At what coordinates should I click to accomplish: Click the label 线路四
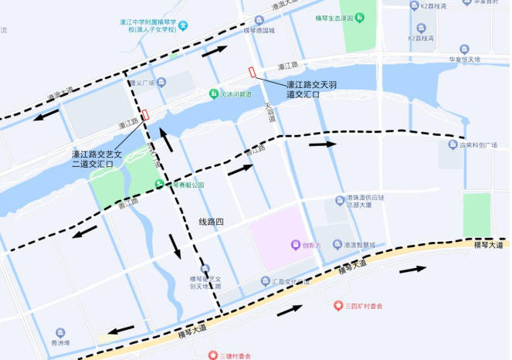point(211,222)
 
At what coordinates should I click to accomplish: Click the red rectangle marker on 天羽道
point(252,73)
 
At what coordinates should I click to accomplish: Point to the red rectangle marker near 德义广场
point(144,115)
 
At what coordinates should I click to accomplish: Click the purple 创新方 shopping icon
point(294,245)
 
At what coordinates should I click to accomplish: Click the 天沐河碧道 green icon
point(215,94)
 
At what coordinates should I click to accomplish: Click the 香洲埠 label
point(60,342)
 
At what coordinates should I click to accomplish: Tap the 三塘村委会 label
point(235,355)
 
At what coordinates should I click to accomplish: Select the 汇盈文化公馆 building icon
point(266,281)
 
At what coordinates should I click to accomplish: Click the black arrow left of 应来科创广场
point(323,144)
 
